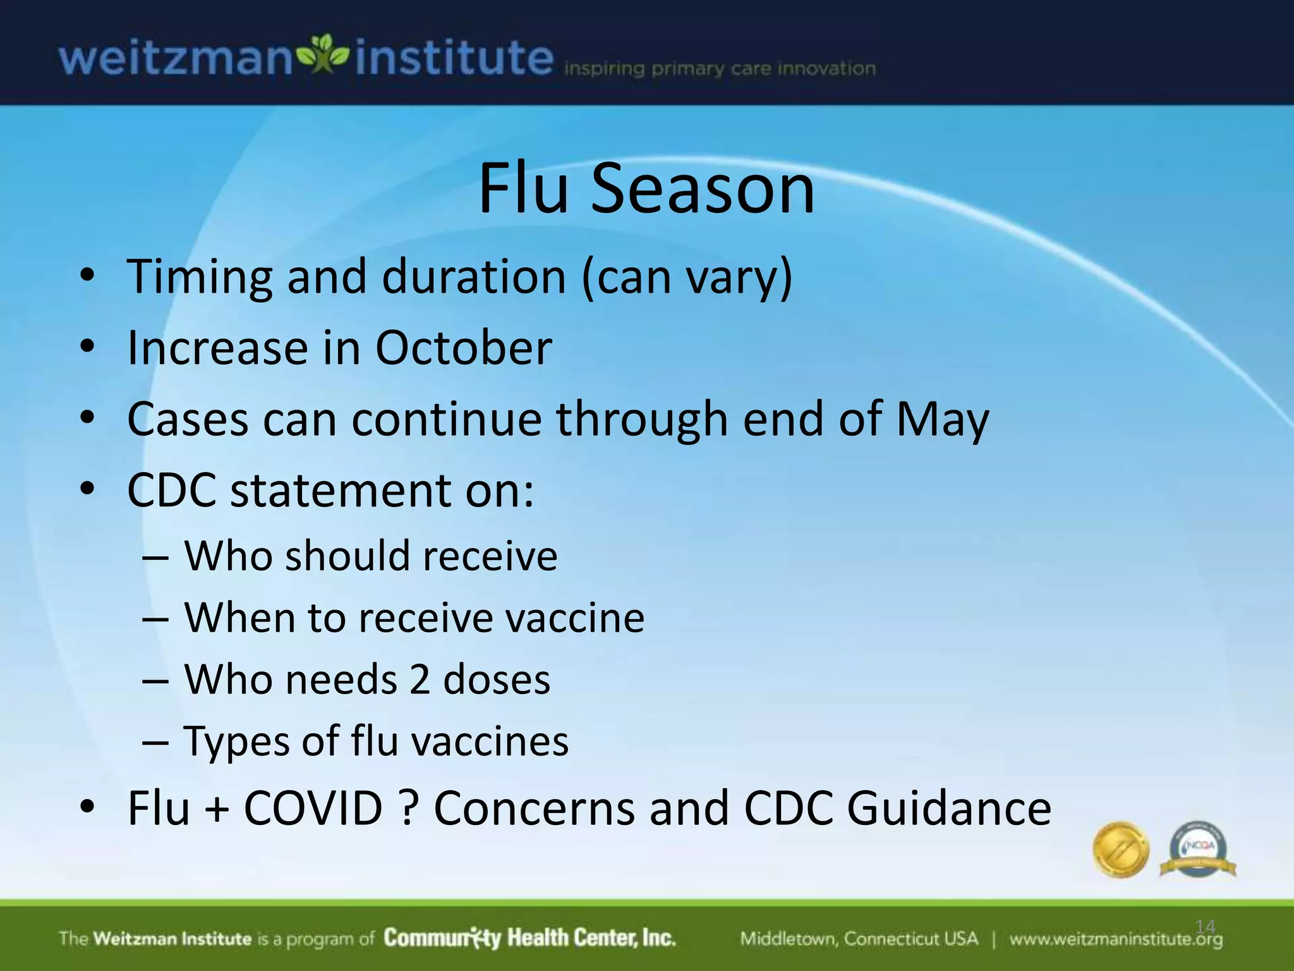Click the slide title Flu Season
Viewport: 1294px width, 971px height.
coord(646,188)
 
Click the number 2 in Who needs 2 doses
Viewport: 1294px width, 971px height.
coord(420,680)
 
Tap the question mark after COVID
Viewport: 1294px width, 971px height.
coord(409,808)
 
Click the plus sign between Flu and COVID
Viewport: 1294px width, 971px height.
coord(217,809)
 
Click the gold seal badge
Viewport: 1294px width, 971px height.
coord(1120,849)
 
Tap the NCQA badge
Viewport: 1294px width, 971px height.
coord(1197,849)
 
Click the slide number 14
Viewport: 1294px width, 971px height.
coord(1205,927)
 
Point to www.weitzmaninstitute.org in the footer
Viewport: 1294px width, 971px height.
coord(1115,939)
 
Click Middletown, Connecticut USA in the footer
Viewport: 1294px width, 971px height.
coord(859,939)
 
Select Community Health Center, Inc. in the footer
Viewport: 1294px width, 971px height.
coord(529,937)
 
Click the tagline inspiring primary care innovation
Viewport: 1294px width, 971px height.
coord(720,68)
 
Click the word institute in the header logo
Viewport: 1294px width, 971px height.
coord(454,58)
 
